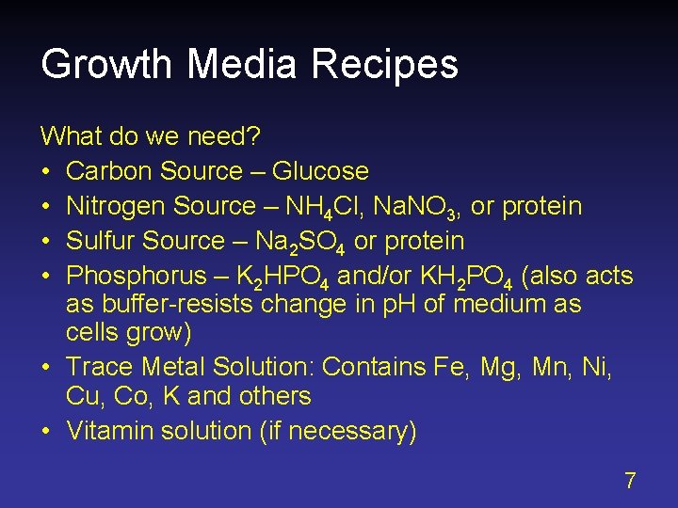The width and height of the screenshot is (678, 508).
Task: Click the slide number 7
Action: click(630, 481)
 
